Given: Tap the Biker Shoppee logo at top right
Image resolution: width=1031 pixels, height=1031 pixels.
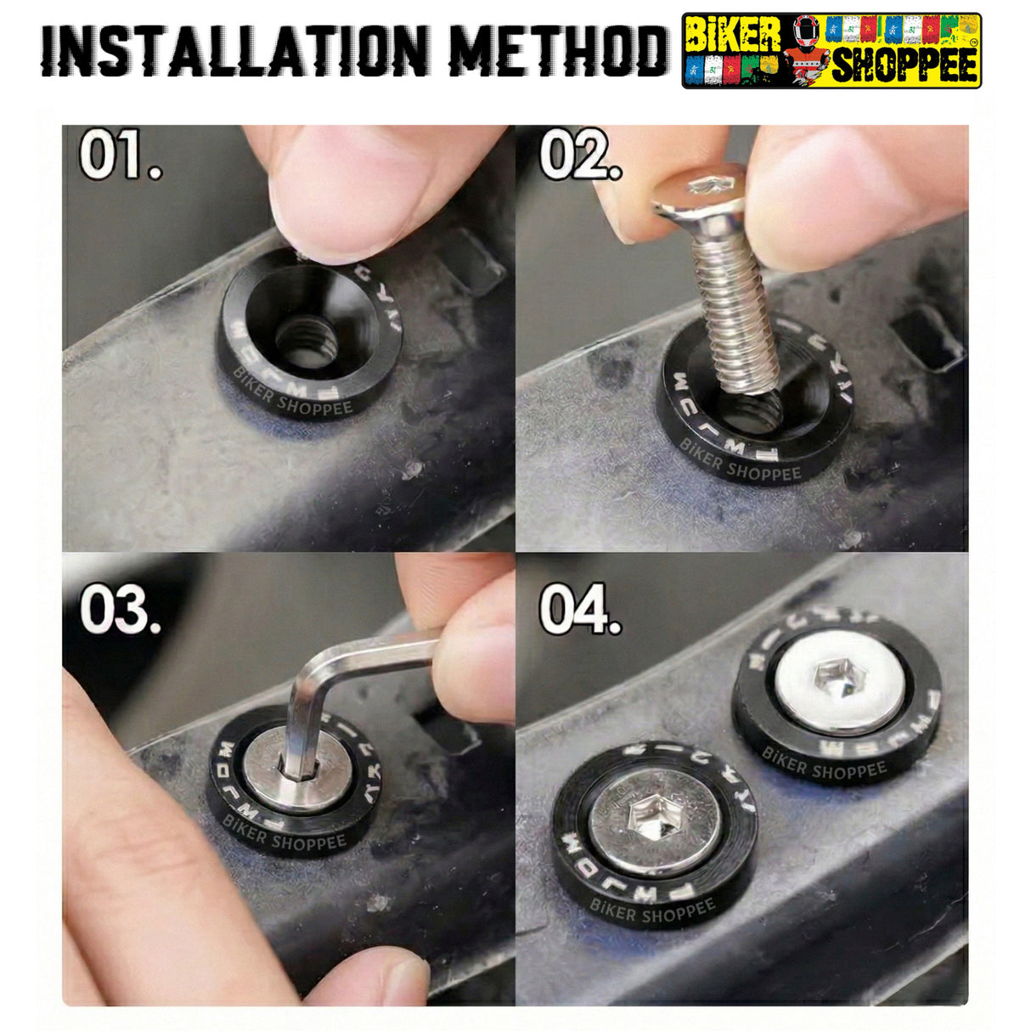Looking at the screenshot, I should [831, 51].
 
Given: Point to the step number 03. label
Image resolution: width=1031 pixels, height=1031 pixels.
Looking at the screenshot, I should [121, 609].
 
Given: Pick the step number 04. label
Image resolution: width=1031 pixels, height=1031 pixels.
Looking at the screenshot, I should [580, 609].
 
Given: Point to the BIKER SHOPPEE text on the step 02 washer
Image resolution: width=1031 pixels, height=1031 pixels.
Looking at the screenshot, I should [739, 465].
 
